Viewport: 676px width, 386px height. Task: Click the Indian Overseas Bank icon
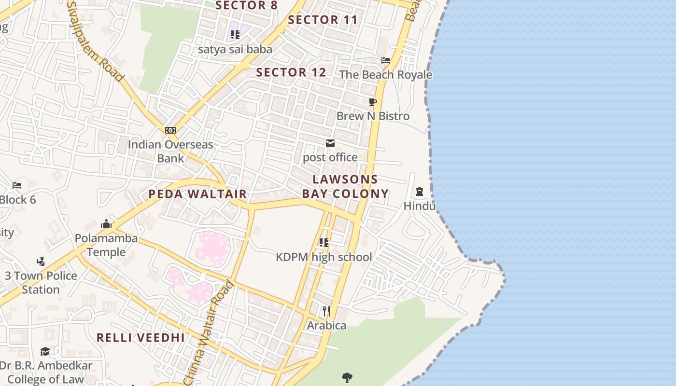[x=170, y=130]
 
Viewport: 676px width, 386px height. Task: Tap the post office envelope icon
[x=330, y=143]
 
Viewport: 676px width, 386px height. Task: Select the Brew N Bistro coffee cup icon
[x=372, y=102]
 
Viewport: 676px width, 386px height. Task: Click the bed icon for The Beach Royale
[x=385, y=60]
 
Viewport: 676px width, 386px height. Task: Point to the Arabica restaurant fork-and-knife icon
[x=326, y=311]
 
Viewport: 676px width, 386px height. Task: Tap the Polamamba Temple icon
[x=106, y=224]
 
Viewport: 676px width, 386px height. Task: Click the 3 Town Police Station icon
[x=41, y=262]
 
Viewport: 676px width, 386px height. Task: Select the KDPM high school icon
[x=324, y=243]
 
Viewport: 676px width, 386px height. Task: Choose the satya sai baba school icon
[x=235, y=35]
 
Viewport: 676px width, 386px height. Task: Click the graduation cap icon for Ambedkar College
[x=45, y=351]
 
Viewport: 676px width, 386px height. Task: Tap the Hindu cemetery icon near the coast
[x=419, y=192]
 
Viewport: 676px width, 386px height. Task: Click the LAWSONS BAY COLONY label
[x=345, y=186]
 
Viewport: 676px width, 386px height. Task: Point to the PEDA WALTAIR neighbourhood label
[x=197, y=194]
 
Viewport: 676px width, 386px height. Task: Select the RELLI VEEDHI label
[x=141, y=337]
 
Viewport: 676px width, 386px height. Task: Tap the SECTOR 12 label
[x=291, y=72]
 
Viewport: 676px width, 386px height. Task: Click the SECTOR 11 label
[x=323, y=20]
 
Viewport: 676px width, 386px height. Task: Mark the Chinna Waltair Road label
[x=209, y=333]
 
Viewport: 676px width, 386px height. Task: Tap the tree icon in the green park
[x=347, y=377]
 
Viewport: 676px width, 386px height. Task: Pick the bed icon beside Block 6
[x=17, y=185]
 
